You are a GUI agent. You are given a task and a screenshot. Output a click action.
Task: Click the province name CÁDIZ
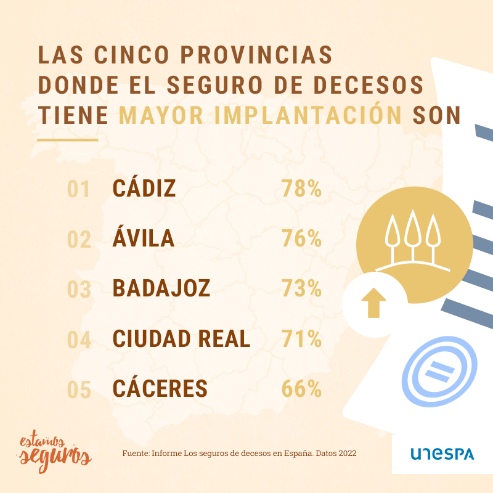click(x=144, y=189)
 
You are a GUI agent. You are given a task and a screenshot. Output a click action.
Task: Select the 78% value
click(x=301, y=189)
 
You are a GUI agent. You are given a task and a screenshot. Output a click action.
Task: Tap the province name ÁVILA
click(x=144, y=238)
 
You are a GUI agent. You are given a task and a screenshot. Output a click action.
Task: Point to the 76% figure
click(x=301, y=238)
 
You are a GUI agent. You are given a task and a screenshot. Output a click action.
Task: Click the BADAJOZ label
click(x=161, y=288)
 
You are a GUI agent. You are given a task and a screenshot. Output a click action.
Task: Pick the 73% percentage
click(x=301, y=288)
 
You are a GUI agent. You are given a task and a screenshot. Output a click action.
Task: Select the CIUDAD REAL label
click(x=181, y=339)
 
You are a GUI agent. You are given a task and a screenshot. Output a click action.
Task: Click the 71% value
click(x=301, y=339)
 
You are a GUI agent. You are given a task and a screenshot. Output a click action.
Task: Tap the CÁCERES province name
click(x=160, y=389)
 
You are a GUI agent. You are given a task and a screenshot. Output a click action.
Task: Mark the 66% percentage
click(x=301, y=389)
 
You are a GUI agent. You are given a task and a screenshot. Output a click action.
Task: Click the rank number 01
click(x=79, y=190)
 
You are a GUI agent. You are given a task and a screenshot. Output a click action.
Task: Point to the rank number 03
click(x=79, y=289)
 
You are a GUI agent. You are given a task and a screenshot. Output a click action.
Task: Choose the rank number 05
click(x=79, y=389)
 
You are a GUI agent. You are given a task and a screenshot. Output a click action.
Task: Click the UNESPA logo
click(x=442, y=454)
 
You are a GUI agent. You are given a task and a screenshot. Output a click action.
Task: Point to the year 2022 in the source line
click(x=346, y=453)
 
